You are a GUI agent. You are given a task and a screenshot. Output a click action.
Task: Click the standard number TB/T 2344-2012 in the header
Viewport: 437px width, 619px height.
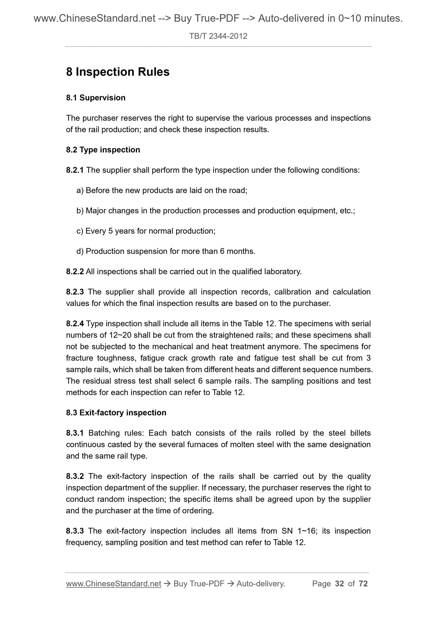click(218, 36)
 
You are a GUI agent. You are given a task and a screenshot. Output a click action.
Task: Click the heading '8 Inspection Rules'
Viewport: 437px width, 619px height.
click(118, 72)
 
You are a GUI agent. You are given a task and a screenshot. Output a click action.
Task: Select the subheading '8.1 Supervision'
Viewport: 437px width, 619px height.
click(96, 98)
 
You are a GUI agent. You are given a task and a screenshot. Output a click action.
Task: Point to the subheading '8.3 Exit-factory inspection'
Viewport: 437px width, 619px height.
click(116, 413)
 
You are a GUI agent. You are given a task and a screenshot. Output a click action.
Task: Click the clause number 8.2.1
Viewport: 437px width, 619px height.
click(75, 170)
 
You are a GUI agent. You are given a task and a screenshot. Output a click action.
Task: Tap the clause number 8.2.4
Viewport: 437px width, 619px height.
click(75, 324)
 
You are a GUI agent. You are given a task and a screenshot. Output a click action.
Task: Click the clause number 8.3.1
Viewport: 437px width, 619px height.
click(75, 433)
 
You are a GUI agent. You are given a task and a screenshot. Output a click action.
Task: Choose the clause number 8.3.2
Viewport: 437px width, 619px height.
click(75, 476)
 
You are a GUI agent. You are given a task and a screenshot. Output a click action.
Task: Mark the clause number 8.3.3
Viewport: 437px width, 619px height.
click(75, 531)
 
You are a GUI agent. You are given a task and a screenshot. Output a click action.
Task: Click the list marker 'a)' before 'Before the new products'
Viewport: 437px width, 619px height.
click(80, 191)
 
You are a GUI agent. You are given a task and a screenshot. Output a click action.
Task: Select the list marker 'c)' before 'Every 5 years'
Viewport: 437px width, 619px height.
click(80, 231)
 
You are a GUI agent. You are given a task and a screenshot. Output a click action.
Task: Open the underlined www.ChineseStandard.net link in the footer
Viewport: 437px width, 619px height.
click(113, 584)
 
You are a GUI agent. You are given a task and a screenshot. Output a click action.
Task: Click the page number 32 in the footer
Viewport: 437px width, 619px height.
click(339, 584)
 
